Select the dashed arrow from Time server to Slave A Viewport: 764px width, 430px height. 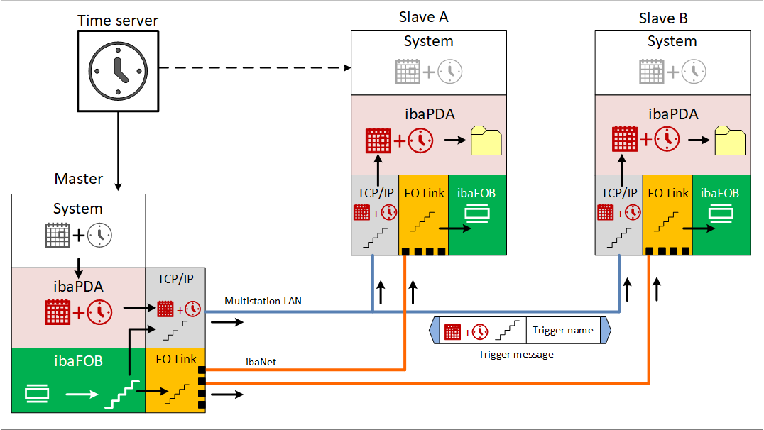256,69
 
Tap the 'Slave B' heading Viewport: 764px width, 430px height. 663,18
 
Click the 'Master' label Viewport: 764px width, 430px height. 79,179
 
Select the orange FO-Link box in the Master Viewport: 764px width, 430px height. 175,380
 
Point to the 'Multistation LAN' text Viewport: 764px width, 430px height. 263,301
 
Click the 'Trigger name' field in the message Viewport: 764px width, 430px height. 563,330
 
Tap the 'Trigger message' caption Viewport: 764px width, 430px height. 516,354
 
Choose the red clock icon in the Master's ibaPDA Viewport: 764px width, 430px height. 99,313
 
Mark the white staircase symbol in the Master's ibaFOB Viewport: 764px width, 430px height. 119,395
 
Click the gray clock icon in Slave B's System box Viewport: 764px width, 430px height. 694,70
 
